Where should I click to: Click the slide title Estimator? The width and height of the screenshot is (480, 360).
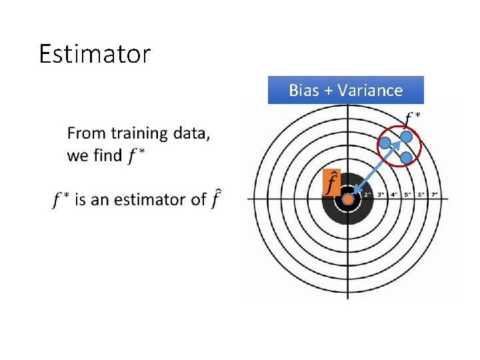point(95,54)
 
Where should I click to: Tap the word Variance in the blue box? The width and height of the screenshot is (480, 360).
point(370,90)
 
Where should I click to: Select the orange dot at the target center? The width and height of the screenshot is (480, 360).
point(347,199)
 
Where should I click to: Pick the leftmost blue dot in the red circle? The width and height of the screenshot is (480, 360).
point(385,142)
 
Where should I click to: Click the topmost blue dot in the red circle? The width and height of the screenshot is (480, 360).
point(406,137)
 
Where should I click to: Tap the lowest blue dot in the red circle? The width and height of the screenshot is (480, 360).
point(406,158)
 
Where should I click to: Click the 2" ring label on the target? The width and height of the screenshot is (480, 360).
point(367,195)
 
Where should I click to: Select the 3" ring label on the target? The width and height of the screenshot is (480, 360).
point(381,195)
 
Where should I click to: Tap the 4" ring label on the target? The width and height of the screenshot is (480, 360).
point(395,195)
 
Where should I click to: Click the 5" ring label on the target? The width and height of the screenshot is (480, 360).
point(407,195)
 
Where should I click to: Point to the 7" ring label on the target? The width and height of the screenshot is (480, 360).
point(434,195)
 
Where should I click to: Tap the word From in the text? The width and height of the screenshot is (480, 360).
point(86,133)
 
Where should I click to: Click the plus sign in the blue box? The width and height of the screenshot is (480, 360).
point(329,90)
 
